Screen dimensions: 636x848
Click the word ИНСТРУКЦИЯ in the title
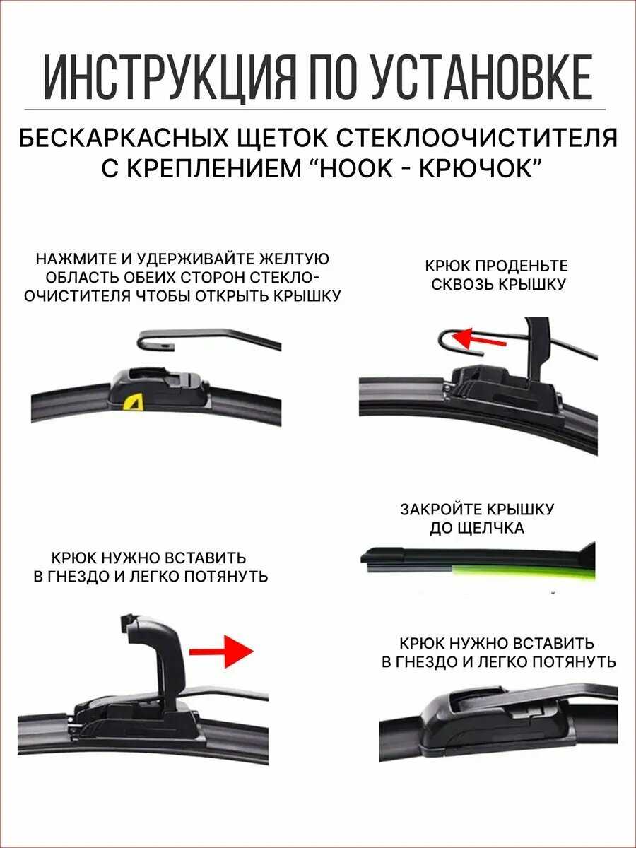pyautogui.click(x=169, y=78)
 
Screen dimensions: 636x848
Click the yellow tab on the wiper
pyautogui.click(x=133, y=403)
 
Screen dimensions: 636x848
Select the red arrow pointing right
pyautogui.click(x=221, y=651)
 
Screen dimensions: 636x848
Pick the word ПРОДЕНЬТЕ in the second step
pyautogui.click(x=522, y=266)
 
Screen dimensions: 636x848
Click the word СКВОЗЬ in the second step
pyautogui.click(x=461, y=285)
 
